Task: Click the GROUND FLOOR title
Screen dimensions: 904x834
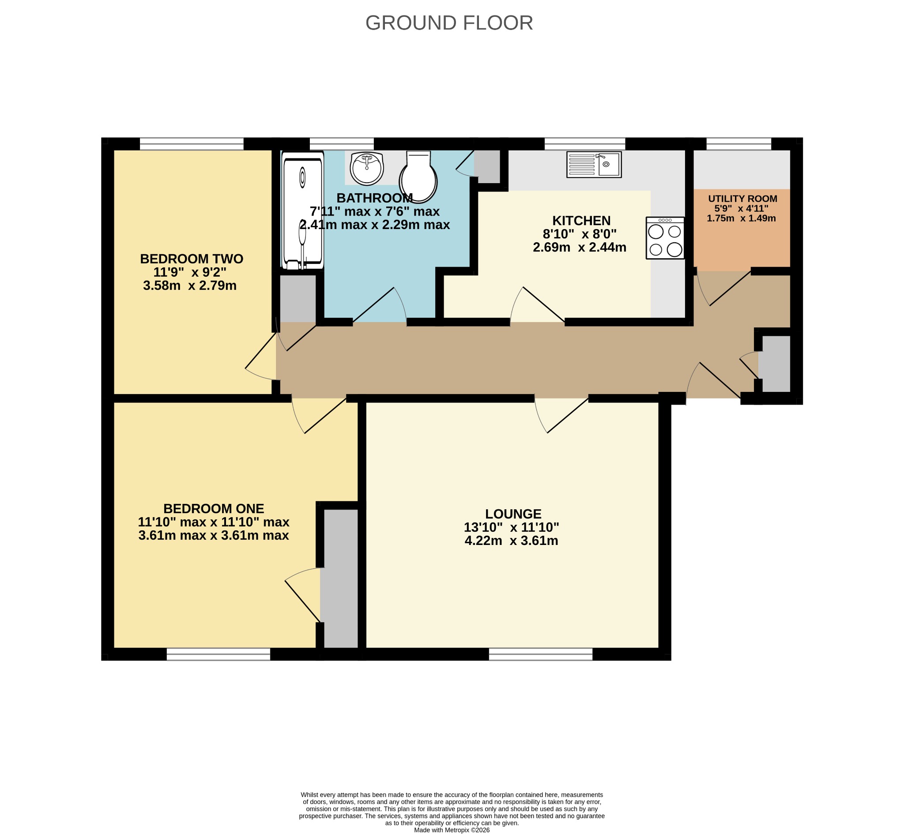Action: tap(449, 23)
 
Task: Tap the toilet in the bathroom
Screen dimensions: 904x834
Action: tap(418, 177)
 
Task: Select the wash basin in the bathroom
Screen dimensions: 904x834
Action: tap(367, 168)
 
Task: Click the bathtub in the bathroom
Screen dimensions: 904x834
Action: tap(303, 210)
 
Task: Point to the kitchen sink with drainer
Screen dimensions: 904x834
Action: tap(594, 165)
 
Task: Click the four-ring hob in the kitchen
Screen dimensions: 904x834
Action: tap(665, 238)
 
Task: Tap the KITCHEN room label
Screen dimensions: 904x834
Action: tap(581, 221)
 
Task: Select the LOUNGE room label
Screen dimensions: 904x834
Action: tap(513, 514)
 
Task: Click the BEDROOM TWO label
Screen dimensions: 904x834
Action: tap(192, 259)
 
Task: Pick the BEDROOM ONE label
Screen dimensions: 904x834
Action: tap(214, 509)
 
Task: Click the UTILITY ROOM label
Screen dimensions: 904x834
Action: tap(742, 199)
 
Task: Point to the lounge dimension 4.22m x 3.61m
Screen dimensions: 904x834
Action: tap(511, 541)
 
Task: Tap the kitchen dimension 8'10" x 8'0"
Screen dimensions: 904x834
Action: tap(580, 234)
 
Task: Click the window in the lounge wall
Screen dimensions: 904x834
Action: tap(541, 654)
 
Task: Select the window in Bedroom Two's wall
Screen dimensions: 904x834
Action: tap(192, 143)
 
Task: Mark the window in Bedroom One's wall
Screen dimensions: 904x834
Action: tap(218, 654)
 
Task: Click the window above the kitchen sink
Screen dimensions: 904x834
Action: tap(585, 143)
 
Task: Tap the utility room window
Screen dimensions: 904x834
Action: tap(739, 143)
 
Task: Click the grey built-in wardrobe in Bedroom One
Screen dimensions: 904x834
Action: tap(341, 579)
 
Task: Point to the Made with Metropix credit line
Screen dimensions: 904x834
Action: tap(452, 830)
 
